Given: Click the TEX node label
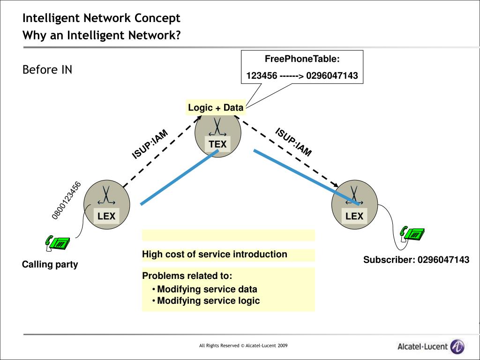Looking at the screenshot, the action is [x=217, y=144].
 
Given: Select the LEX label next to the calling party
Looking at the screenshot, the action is [x=106, y=216].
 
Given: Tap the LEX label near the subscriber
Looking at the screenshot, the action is [x=354, y=216].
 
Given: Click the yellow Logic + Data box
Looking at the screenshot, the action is [x=216, y=107].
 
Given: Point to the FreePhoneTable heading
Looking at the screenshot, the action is [x=302, y=59].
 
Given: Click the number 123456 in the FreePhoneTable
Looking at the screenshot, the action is [x=262, y=75].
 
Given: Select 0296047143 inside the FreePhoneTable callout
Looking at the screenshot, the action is [x=332, y=75].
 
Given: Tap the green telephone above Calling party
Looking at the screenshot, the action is [x=58, y=242].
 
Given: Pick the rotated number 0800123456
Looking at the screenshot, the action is [x=67, y=201].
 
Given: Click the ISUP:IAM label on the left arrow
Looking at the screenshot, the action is [x=150, y=144].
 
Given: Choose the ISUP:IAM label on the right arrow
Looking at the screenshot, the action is [x=293, y=142].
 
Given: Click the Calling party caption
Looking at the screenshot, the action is [x=50, y=264].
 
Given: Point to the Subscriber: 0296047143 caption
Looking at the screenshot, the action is [x=416, y=260].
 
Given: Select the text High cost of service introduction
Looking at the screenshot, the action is [x=215, y=254].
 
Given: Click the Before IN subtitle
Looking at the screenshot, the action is [x=47, y=69].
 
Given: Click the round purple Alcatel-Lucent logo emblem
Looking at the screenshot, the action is [x=457, y=346].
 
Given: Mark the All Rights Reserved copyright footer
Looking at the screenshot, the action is [x=243, y=345].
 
